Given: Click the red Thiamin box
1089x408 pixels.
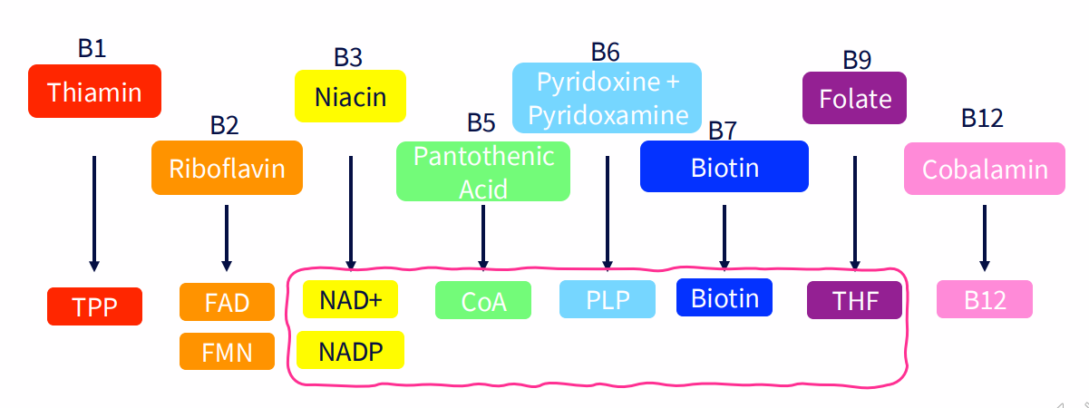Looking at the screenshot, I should click(x=94, y=92).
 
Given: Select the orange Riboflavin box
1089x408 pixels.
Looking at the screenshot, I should click(x=227, y=168).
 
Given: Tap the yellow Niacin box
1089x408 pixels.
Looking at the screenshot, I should click(x=350, y=96).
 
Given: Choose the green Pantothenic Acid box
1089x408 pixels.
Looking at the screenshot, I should click(x=482, y=171).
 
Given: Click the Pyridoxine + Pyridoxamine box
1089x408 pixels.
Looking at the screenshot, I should click(x=607, y=98).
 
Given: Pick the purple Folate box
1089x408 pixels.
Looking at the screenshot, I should click(x=854, y=98).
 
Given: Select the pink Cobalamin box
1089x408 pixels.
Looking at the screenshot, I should click(x=984, y=169).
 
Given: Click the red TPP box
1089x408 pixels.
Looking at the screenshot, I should click(x=94, y=306).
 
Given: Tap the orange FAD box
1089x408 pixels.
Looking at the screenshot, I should click(x=227, y=302).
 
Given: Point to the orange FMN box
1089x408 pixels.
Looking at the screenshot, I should click(x=227, y=351).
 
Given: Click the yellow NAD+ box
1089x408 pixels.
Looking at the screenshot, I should click(x=350, y=300).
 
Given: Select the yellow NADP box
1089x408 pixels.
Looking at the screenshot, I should click(x=350, y=350).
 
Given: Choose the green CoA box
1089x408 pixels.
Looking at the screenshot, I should click(x=482, y=301).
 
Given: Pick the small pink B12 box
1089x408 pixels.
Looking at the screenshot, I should click(x=984, y=300).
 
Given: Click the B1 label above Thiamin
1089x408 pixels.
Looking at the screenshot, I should click(x=92, y=48).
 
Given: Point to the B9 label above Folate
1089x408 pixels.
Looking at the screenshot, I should click(x=857, y=59).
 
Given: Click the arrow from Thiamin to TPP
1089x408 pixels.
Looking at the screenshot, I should click(x=93, y=213).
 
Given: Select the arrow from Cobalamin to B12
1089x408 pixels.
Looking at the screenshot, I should click(x=984, y=238).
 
